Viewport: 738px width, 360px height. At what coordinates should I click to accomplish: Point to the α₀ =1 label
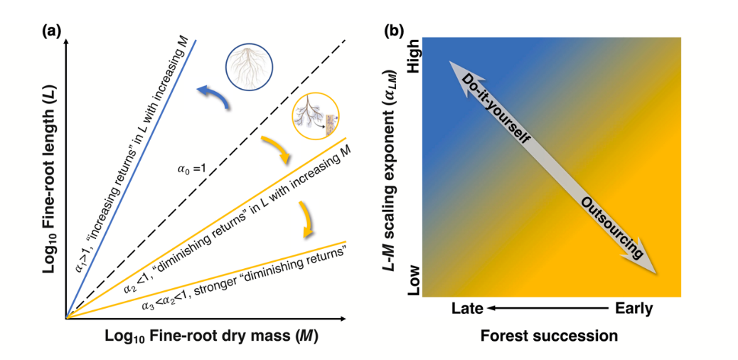[191, 169]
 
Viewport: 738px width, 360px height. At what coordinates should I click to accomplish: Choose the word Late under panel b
[468, 309]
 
